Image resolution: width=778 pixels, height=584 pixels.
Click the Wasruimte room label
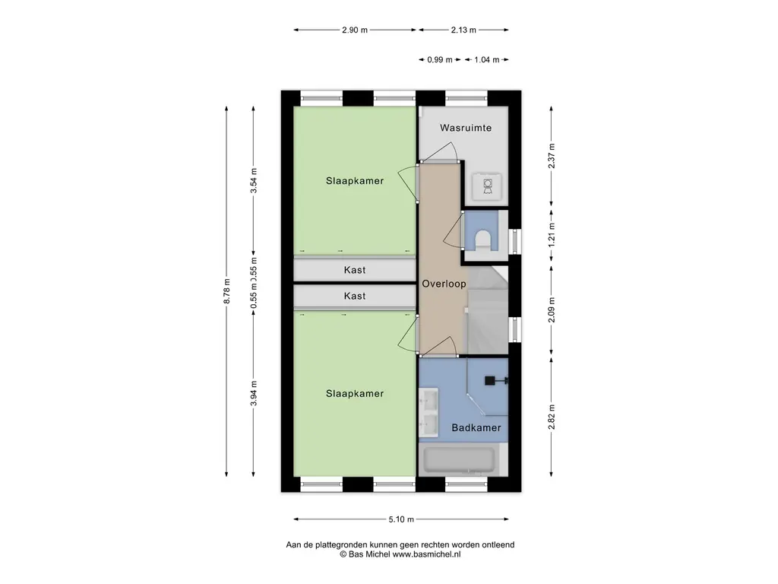coord(466,128)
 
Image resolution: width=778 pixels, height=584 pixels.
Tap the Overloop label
coord(444,284)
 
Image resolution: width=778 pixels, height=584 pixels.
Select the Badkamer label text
coord(476,427)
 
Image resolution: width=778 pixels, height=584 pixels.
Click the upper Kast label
coord(355,270)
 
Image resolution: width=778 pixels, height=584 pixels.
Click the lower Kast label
coord(355,296)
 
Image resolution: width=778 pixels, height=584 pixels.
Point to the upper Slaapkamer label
coord(355,181)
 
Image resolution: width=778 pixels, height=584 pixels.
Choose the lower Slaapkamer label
coord(355,394)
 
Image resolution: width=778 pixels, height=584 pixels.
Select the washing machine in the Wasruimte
coord(487,186)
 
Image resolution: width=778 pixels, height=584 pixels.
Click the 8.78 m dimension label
coord(226,291)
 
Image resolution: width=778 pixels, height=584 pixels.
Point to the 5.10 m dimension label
coord(401,519)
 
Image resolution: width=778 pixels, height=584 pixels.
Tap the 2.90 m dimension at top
coord(355,30)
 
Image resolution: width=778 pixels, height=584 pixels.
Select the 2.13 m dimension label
coord(463,30)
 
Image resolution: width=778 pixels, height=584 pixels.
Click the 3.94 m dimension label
coord(254,393)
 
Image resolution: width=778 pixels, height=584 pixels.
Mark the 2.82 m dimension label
coord(552,417)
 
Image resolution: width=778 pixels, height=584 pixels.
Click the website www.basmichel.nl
coord(427,554)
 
